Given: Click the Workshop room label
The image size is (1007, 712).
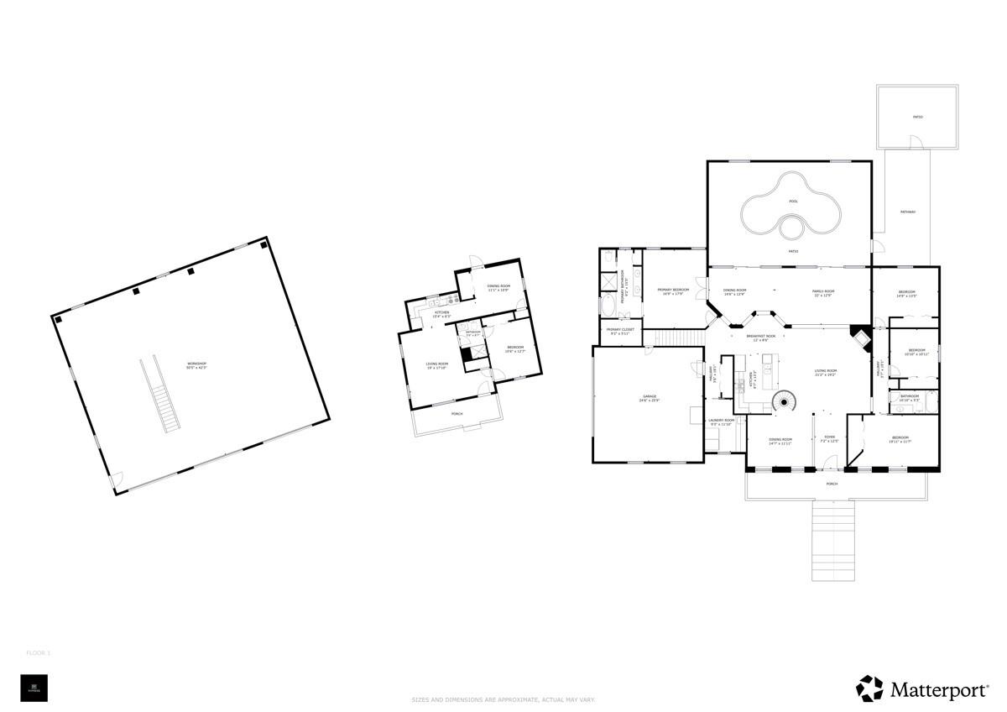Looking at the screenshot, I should pyautogui.click(x=196, y=365).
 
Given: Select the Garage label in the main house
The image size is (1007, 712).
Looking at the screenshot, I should pyautogui.click(x=649, y=400).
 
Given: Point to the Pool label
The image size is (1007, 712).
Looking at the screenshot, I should pyautogui.click(x=793, y=202).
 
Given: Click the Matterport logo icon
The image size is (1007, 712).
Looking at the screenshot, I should pyautogui.click(x=869, y=688).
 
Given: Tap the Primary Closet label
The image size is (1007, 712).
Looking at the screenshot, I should pyautogui.click(x=620, y=332).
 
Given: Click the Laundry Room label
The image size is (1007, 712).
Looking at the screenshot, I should pyautogui.click(x=721, y=421).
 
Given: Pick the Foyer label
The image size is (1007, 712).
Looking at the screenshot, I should pyautogui.click(x=829, y=439).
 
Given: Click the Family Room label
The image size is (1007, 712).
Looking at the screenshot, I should pyautogui.click(x=822, y=292).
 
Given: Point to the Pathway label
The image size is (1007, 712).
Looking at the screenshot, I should pyautogui.click(x=908, y=212).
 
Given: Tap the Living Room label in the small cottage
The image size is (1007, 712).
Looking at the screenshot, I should pyautogui.click(x=437, y=365).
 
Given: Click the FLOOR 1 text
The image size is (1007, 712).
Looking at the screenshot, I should pyautogui.click(x=39, y=652).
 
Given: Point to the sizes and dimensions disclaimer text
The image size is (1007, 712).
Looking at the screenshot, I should pyautogui.click(x=503, y=699).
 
